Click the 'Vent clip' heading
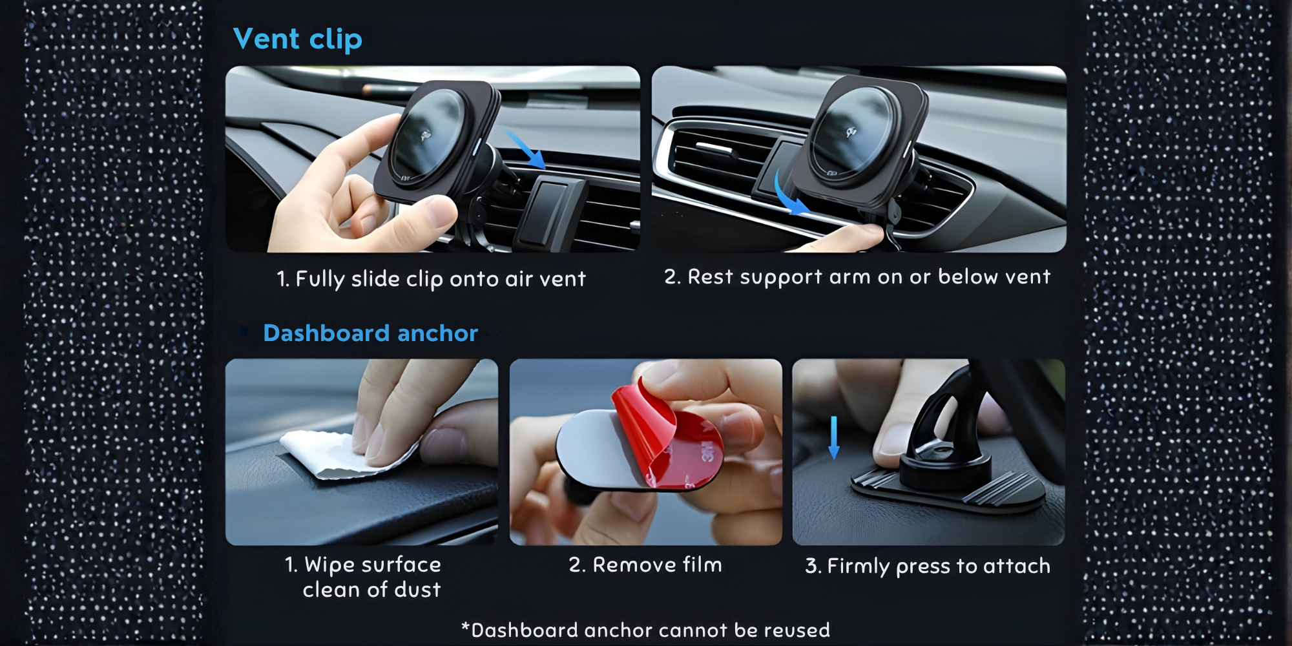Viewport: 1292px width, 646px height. point(298,39)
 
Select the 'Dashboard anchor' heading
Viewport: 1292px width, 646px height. point(371,333)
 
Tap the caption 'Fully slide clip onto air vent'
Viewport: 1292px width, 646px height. point(441,279)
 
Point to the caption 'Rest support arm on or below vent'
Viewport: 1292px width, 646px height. point(869,277)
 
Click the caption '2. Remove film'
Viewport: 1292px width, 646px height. point(645,565)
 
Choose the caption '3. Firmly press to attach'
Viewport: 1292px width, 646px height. point(928,567)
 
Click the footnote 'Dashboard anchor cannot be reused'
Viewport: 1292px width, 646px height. point(651,630)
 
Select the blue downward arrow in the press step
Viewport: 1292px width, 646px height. point(834,437)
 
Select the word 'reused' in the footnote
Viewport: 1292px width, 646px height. point(797,630)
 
